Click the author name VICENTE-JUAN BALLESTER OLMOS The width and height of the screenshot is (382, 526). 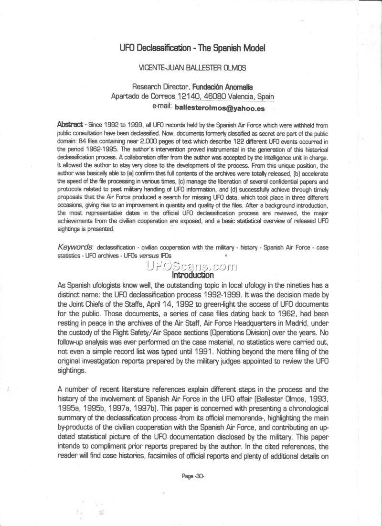(192, 67)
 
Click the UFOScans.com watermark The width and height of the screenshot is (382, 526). (192, 266)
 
